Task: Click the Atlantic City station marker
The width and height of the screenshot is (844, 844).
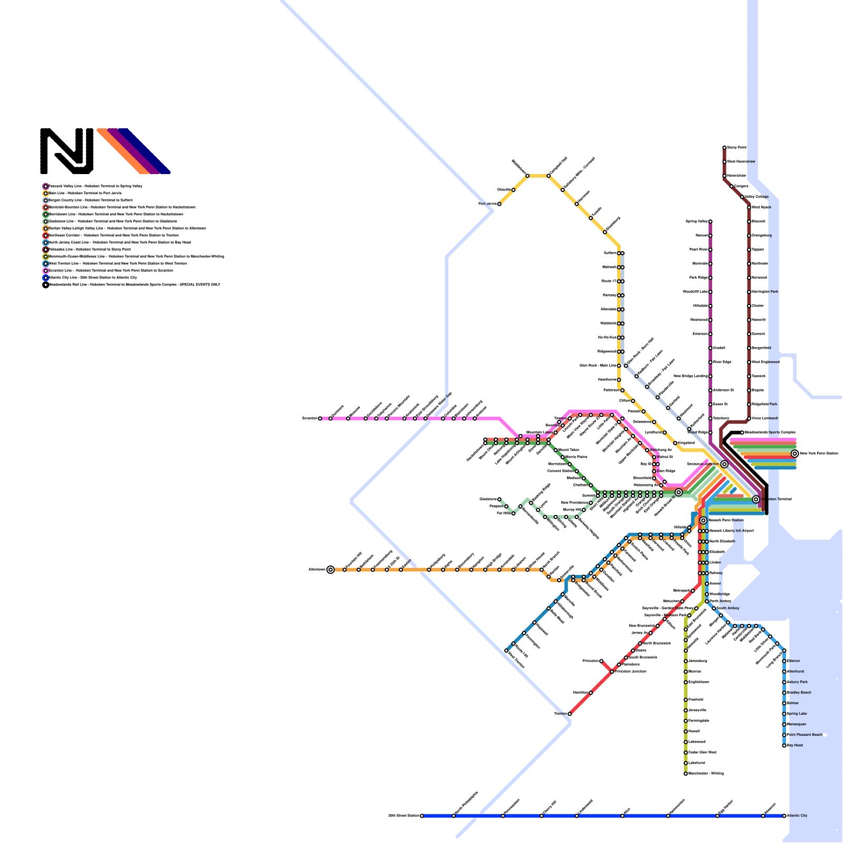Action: coord(784,816)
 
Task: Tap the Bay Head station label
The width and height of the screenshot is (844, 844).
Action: coord(795,745)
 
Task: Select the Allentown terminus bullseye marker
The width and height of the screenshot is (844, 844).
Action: coord(330,570)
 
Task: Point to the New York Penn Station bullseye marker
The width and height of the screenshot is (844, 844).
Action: coord(794,454)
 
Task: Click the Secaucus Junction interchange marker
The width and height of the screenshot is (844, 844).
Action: coord(724,464)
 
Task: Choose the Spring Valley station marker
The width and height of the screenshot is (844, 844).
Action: coord(710,222)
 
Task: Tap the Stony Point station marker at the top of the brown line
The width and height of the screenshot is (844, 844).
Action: coord(724,148)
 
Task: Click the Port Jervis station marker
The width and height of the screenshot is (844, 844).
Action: coord(499,204)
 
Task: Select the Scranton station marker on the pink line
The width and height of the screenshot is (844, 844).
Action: coord(320,419)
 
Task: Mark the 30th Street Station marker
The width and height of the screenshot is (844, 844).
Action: coord(422,816)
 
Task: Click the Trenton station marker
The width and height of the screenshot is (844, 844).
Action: coord(570,714)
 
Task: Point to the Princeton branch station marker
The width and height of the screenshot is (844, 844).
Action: coord(601,661)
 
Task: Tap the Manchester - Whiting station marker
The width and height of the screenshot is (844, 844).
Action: coord(686,774)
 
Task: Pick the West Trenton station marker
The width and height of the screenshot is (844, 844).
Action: coord(506,650)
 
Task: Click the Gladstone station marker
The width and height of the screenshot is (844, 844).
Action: coord(499,499)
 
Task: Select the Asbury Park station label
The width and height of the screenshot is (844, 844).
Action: coord(797,682)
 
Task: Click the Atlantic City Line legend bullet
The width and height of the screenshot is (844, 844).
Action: coord(46,277)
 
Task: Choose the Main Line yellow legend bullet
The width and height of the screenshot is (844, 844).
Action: coord(46,194)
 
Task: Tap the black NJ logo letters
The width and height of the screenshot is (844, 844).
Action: coord(67,151)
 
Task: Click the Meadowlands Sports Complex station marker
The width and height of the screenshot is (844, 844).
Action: coord(742,433)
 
